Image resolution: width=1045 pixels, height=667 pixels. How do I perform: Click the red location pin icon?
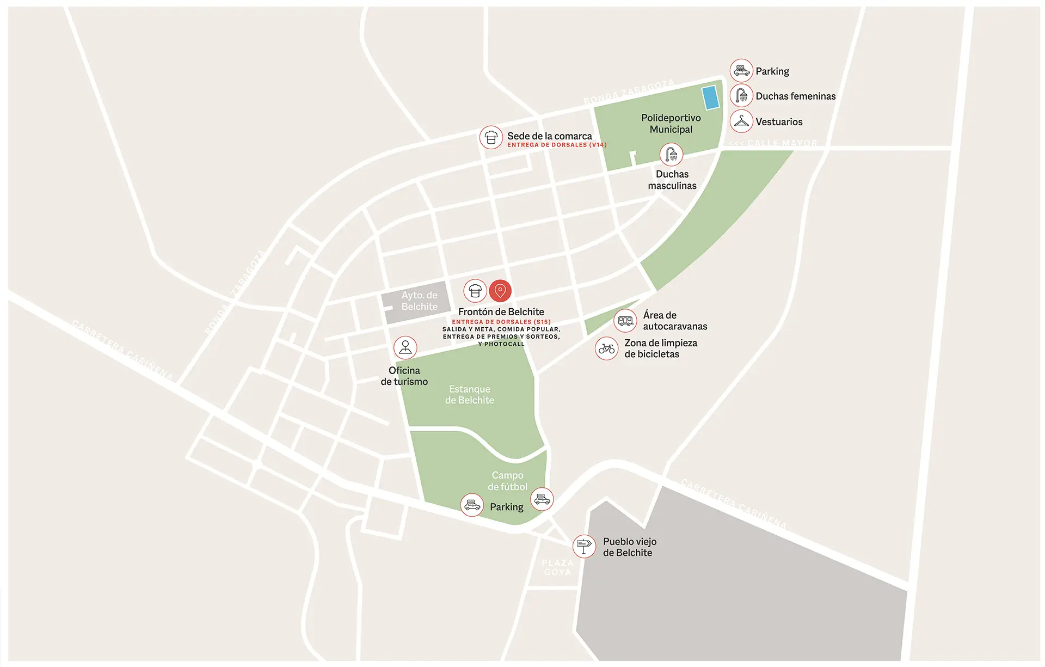click(500, 291)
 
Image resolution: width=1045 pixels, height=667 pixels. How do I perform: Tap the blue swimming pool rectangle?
click(710, 98)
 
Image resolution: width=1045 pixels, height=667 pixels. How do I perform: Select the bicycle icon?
click(606, 348)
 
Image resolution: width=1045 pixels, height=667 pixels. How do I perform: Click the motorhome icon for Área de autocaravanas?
click(625, 321)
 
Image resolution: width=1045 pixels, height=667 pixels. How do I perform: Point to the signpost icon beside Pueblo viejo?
click(584, 546)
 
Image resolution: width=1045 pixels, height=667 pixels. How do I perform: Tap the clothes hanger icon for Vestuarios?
click(741, 121)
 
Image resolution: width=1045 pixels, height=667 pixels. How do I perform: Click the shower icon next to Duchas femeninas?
click(741, 96)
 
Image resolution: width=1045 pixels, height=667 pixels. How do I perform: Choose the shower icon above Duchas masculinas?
click(671, 155)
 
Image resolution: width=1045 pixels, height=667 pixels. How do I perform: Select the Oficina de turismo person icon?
click(405, 347)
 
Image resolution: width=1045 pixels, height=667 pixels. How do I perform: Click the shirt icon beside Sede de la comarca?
click(491, 137)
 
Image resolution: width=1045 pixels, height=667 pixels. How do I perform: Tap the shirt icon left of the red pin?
click(475, 291)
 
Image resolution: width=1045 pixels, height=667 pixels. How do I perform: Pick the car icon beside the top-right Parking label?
click(741, 71)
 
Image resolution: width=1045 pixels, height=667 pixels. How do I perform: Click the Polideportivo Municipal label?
click(671, 124)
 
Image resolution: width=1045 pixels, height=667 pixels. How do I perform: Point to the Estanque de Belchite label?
click(469, 395)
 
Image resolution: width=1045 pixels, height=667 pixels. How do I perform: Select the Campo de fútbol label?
click(507, 481)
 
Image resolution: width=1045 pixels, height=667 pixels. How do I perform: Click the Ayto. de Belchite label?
click(419, 301)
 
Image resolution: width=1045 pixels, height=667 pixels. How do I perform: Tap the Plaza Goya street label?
click(557, 567)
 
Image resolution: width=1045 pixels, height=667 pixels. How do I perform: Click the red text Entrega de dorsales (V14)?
click(557, 145)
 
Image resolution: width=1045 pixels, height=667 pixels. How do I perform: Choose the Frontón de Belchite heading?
click(501, 312)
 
